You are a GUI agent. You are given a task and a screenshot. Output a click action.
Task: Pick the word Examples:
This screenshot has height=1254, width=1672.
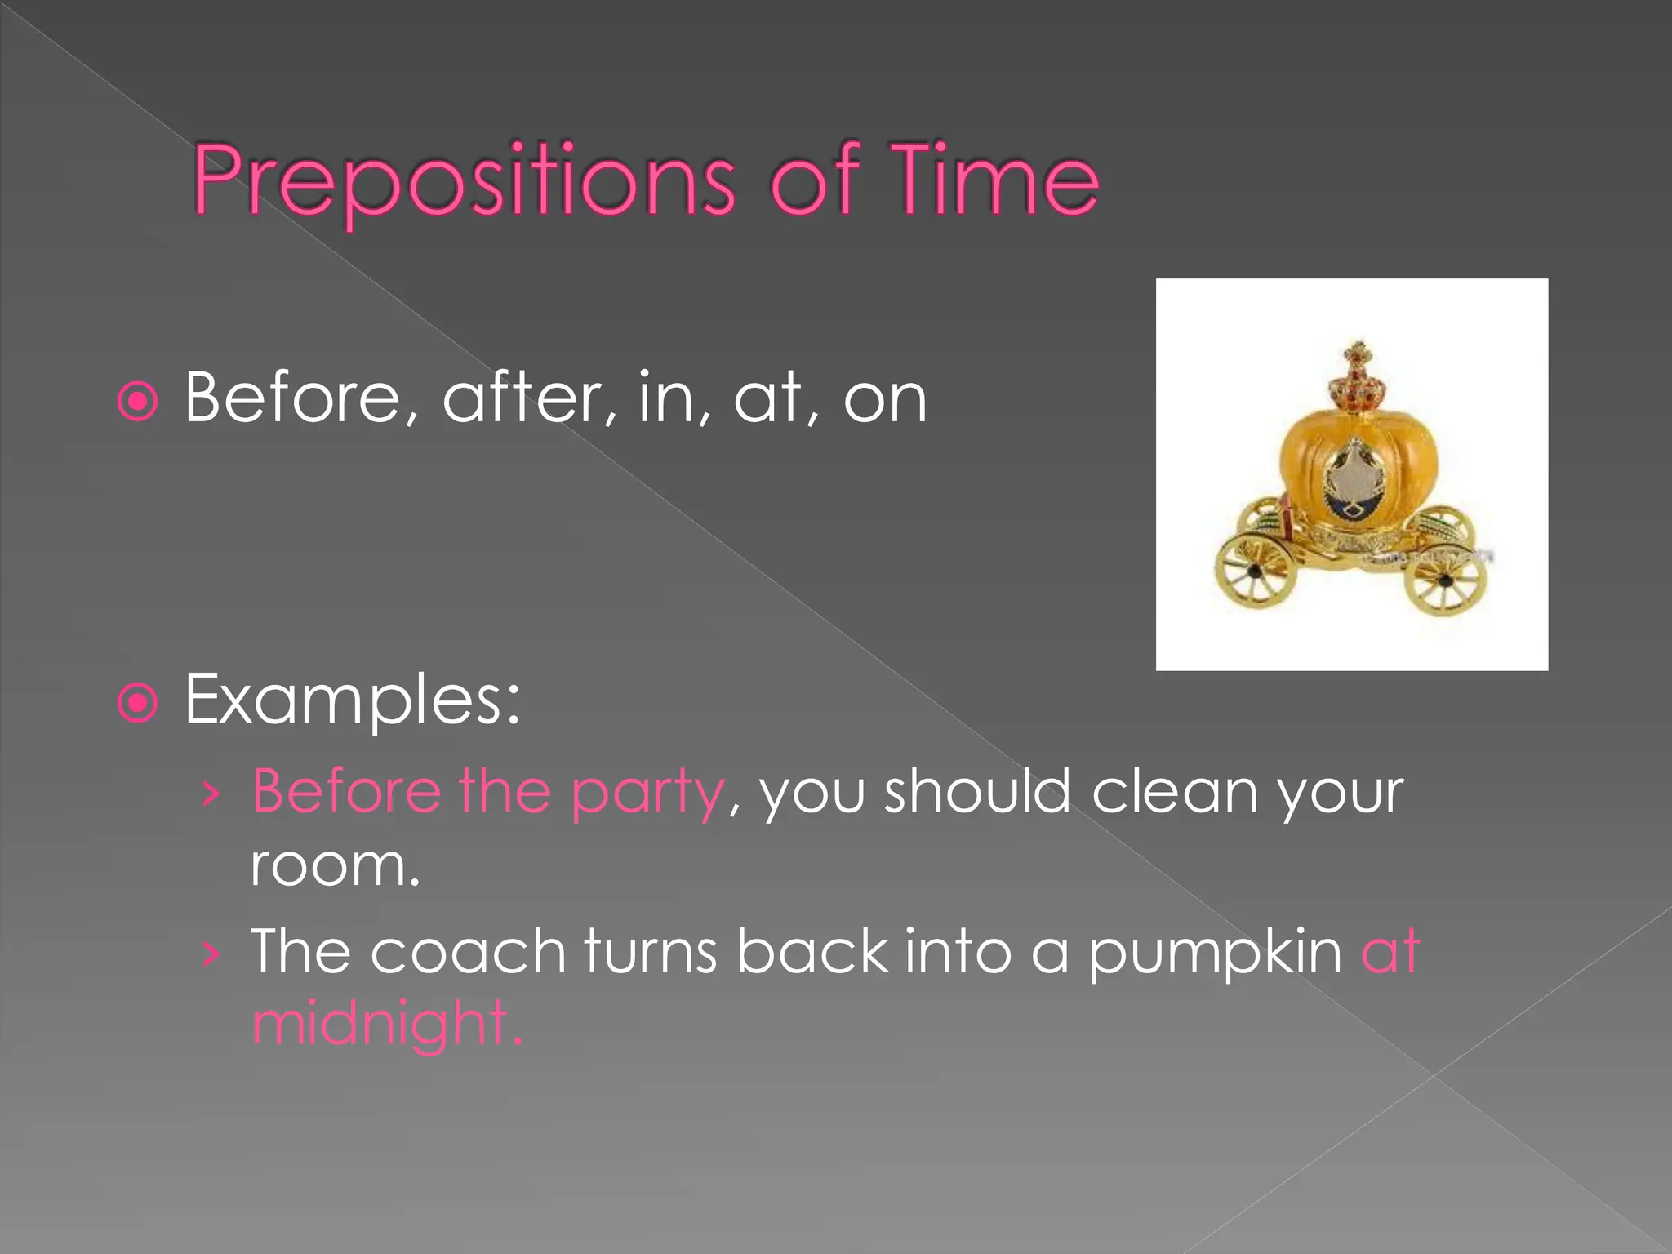[352, 700]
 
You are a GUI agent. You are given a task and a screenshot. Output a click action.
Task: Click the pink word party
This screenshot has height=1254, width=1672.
[647, 794]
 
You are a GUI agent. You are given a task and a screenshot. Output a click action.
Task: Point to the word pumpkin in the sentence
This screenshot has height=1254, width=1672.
[1214, 954]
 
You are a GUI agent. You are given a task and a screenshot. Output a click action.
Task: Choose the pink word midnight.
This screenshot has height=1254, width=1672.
[385, 1024]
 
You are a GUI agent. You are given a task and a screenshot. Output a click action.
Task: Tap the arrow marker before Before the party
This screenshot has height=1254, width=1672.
[211, 793]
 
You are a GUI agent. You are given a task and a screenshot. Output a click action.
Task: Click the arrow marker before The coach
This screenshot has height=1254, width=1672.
[211, 953]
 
